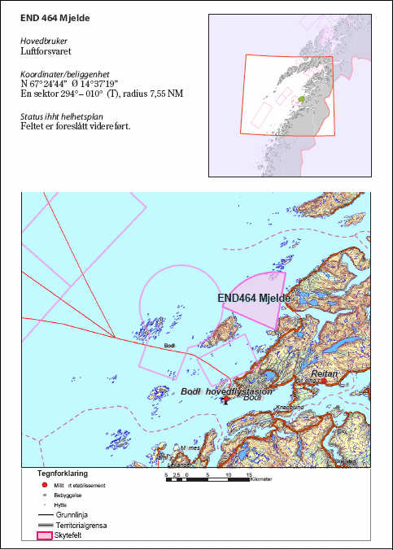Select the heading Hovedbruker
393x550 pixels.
(44, 40)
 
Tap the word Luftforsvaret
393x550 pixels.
(46, 50)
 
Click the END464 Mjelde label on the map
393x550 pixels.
(253, 299)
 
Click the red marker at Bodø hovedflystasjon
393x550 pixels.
(225, 399)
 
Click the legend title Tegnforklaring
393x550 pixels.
(63, 473)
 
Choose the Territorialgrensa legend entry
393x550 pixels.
(77, 526)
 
